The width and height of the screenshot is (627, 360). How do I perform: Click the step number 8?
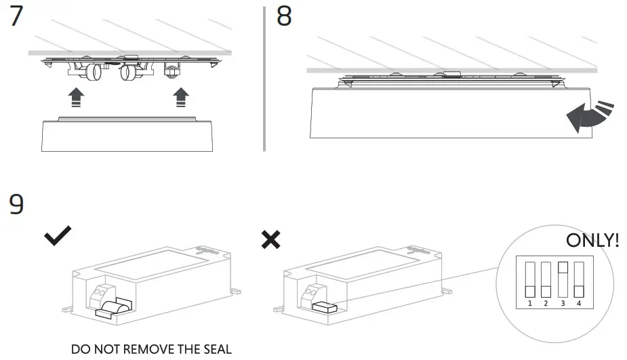[x=284, y=18]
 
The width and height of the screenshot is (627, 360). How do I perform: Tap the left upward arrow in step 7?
[x=78, y=97]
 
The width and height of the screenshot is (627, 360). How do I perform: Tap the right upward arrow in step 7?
[x=180, y=97]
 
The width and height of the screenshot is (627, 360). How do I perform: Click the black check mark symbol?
[x=58, y=236]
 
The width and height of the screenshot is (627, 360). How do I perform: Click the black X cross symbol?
[x=270, y=239]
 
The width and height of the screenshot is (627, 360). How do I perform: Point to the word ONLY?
[x=592, y=241]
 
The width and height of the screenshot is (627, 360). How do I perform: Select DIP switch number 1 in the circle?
[x=529, y=279]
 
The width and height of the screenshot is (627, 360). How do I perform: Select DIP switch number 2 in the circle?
[x=545, y=279]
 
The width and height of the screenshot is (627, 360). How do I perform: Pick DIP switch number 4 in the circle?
[x=578, y=279]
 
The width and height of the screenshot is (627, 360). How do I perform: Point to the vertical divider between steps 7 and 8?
[x=264, y=78]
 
